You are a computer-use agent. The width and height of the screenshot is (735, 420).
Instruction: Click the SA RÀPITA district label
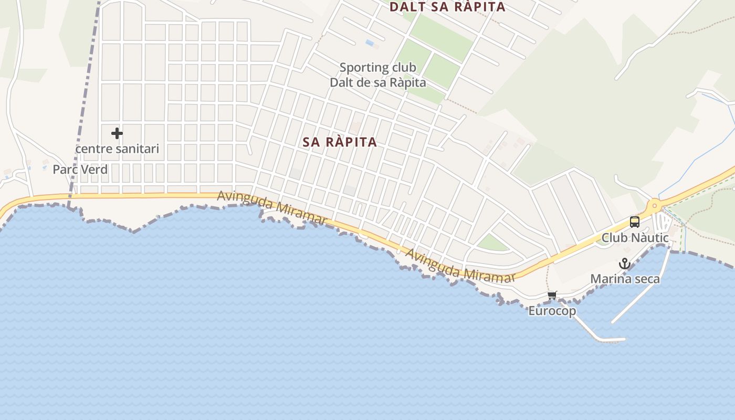[340, 142]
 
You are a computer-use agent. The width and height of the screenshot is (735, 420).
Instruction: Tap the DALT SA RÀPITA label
[447, 7]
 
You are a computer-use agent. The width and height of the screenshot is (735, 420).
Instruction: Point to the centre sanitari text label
[117, 149]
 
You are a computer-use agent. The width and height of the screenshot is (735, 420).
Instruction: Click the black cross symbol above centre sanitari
[117, 133]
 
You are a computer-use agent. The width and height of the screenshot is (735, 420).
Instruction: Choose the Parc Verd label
[80, 170]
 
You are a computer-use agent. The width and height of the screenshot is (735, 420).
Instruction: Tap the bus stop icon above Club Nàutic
[634, 222]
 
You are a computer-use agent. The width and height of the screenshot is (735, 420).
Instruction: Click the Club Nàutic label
[635, 238]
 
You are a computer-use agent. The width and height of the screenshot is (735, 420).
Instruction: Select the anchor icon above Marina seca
[624, 264]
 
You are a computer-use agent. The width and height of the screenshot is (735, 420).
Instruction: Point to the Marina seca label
[625, 279]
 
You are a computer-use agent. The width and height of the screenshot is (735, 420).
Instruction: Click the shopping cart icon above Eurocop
[552, 296]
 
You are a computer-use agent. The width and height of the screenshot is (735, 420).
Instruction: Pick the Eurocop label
[552, 311]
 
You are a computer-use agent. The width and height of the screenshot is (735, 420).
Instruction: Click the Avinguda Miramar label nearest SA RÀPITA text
[272, 206]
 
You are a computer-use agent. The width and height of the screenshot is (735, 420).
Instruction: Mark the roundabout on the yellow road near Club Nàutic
[654, 206]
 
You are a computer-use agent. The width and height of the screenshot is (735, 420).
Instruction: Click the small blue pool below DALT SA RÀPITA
[370, 43]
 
